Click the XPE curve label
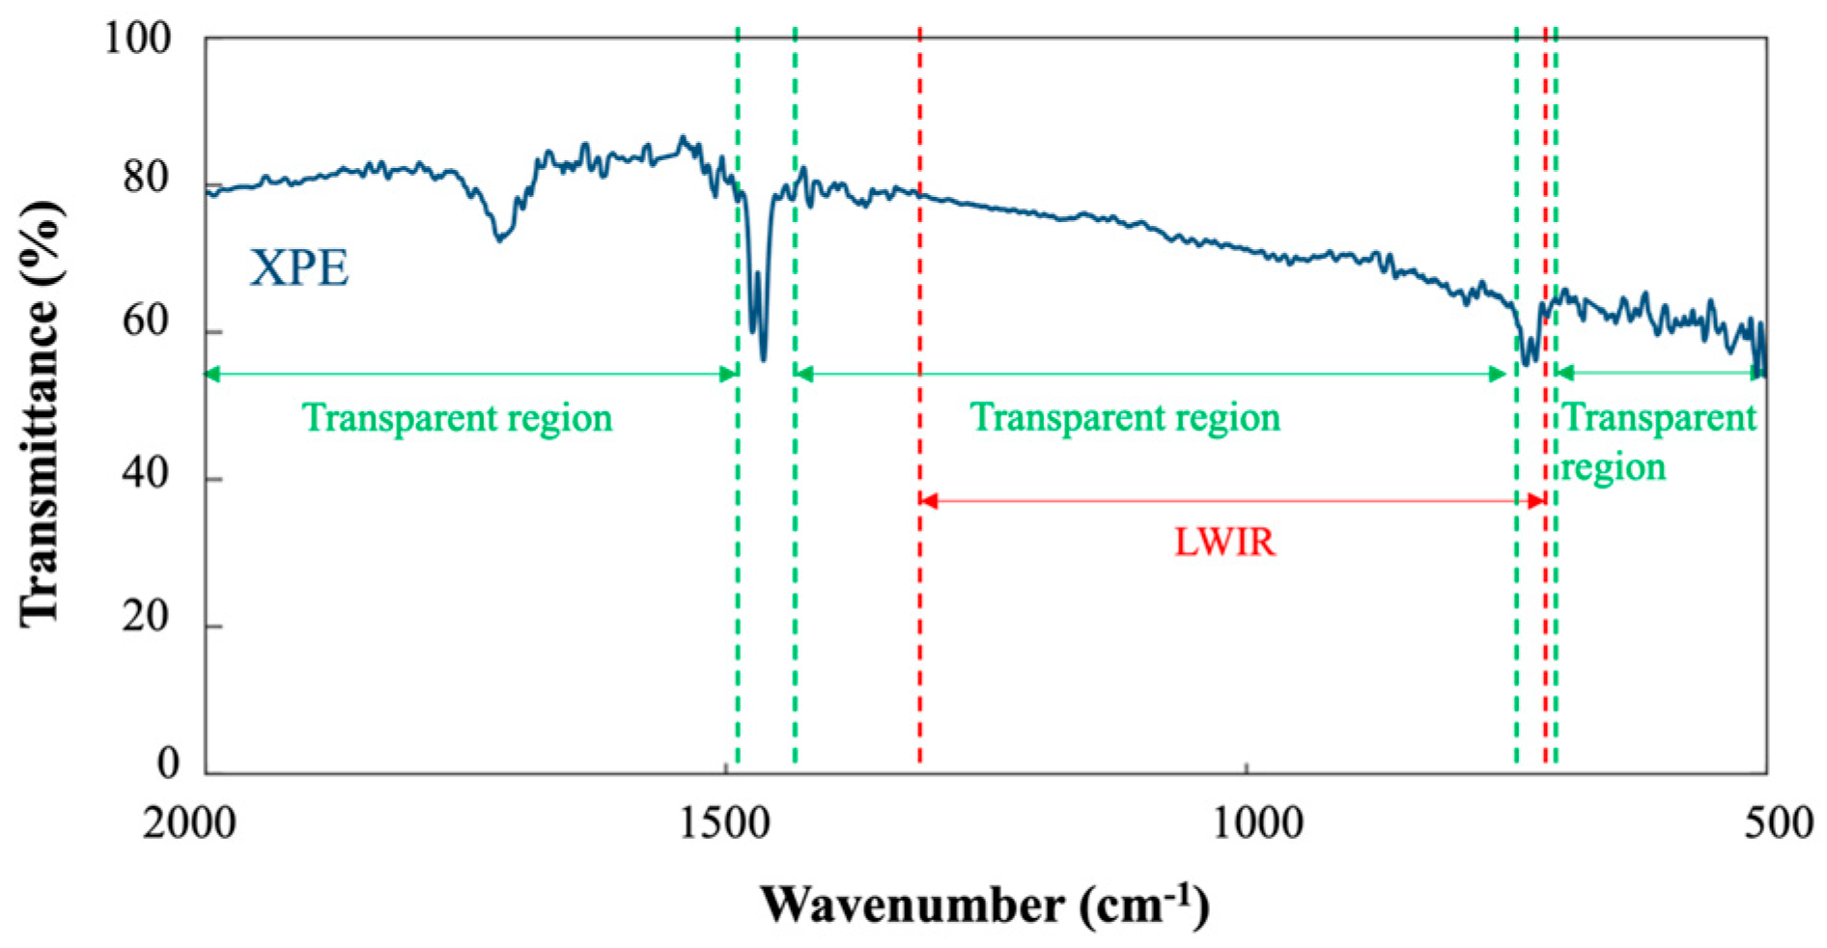pos(298,268)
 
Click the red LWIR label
pos(1224,543)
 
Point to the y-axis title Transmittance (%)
pos(41,413)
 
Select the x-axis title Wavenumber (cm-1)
pos(984,906)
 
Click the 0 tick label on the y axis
pos(168,764)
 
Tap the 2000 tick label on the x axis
pos(189,824)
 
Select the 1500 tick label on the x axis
pos(724,824)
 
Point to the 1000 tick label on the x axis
pos(1257,824)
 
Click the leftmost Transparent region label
pos(457,418)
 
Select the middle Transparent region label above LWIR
pos(1125,417)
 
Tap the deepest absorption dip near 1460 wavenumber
pos(764,358)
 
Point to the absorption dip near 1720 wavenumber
pos(499,238)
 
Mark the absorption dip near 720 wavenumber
pos(1526,362)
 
